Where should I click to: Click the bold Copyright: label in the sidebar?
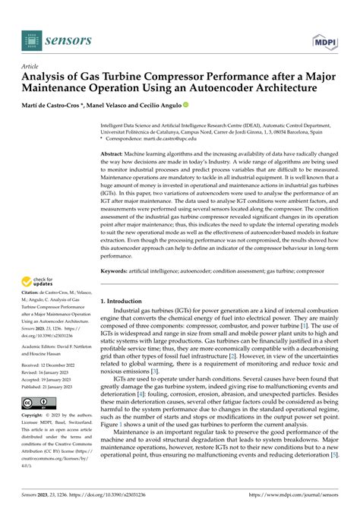(35, 438)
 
